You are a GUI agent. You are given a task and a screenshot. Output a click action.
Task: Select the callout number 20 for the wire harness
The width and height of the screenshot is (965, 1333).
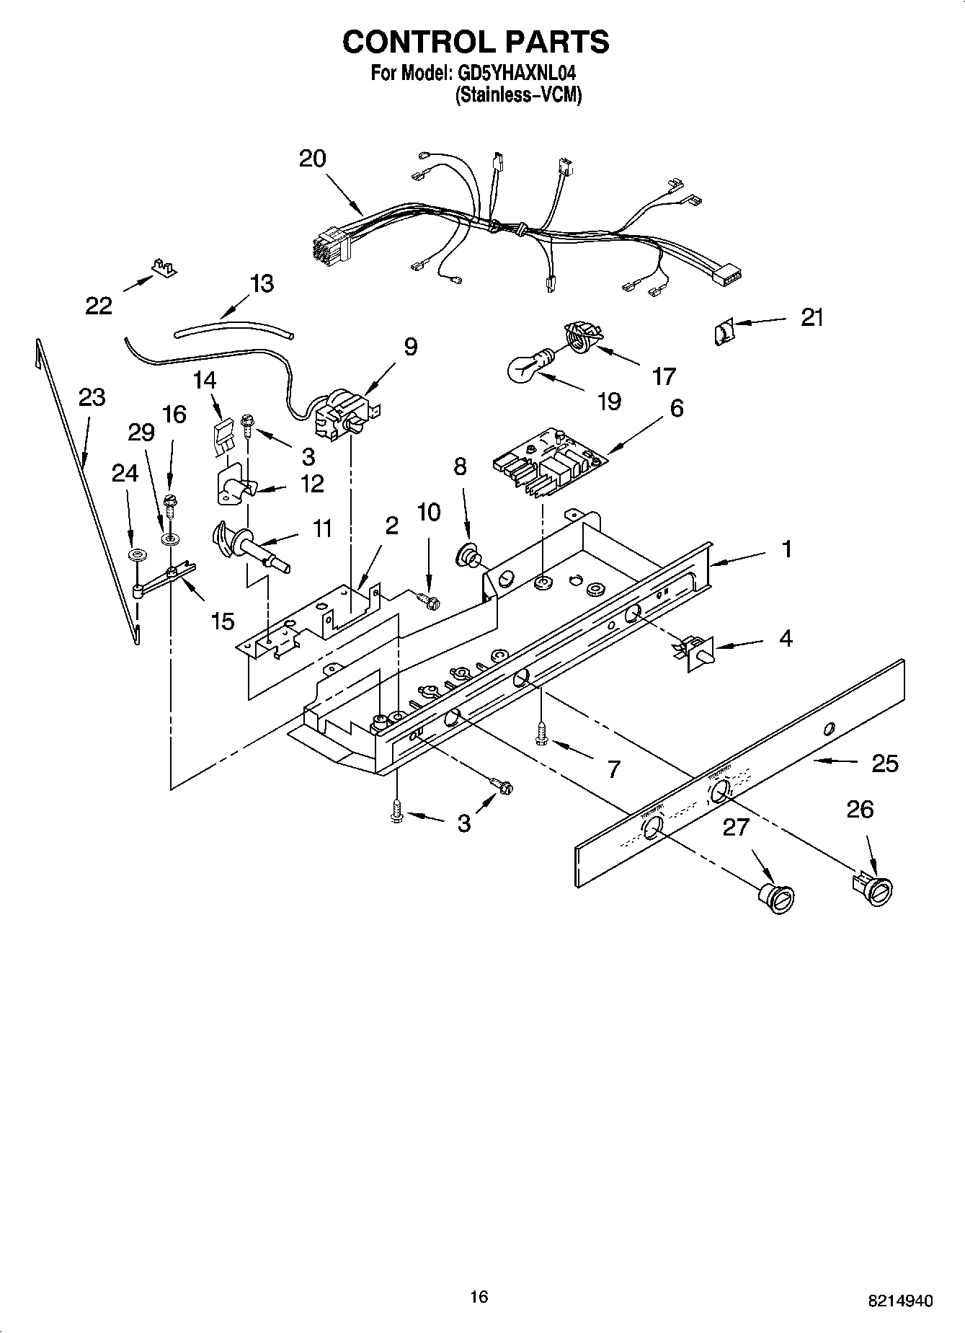pos(313,159)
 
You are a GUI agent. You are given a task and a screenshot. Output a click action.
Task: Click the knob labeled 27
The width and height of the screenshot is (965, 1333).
pos(777,898)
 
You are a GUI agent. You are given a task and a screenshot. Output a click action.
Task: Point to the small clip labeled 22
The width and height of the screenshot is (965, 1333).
pos(164,267)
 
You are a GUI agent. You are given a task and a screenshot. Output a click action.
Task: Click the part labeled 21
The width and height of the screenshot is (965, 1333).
pos(724,332)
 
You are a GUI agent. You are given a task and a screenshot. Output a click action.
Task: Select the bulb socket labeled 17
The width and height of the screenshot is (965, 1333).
pos(582,337)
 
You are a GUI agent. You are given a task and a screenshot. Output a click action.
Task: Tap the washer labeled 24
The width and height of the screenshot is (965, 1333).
pos(135,555)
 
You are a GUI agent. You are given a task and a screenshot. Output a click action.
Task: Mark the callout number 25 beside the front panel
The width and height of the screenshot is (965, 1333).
pos(885,763)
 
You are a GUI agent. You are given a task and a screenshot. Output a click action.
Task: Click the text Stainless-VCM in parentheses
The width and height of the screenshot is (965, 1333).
pos(518,94)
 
